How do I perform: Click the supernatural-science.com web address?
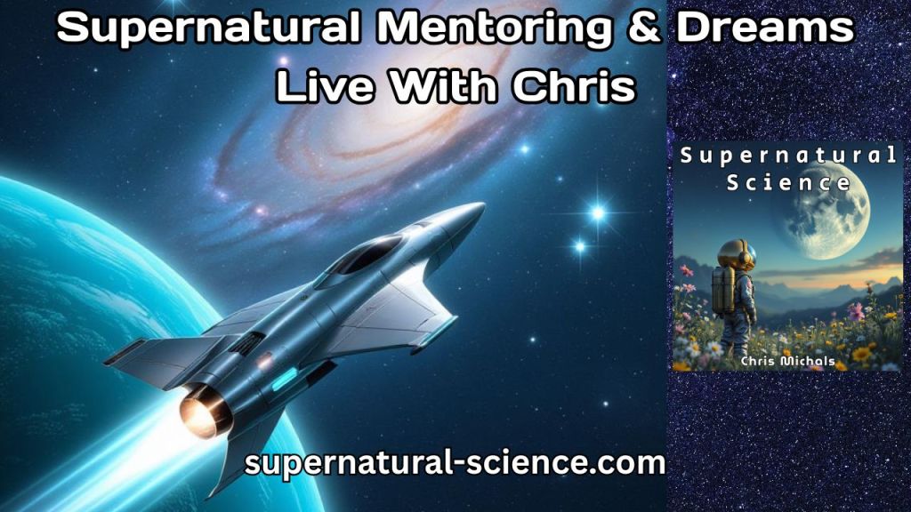click(x=455, y=463)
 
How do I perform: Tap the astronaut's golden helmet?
click(x=738, y=256)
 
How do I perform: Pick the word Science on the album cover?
click(x=788, y=183)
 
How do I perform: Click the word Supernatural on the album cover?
click(x=788, y=156)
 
